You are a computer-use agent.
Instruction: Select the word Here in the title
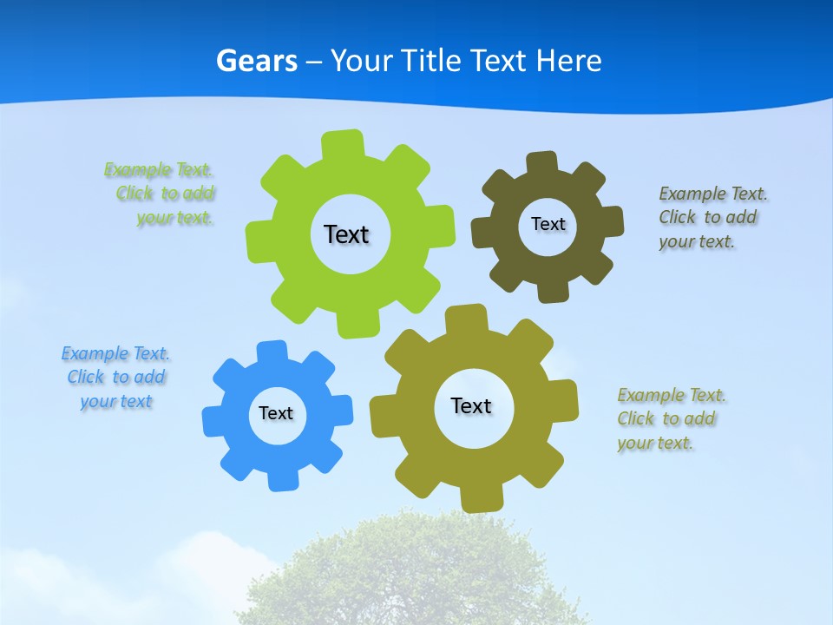pyautogui.click(x=568, y=61)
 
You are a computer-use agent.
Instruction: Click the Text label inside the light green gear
pyautogui.click(x=346, y=234)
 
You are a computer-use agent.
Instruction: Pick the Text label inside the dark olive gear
pyautogui.click(x=548, y=224)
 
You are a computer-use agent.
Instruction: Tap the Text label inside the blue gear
pyautogui.click(x=276, y=413)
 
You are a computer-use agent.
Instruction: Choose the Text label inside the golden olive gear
pyautogui.click(x=471, y=405)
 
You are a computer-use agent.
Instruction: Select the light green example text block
pyautogui.click(x=161, y=194)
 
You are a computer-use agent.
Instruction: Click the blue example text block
pyautogui.click(x=115, y=377)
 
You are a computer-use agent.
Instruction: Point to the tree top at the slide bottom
pyautogui.click(x=416, y=564)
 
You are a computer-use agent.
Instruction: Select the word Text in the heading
pyautogui.click(x=501, y=61)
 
